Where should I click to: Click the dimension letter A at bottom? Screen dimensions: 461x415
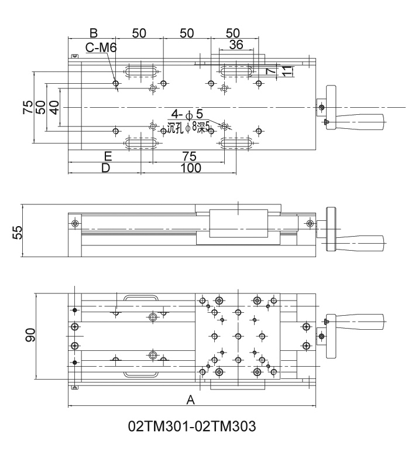tap(190, 400)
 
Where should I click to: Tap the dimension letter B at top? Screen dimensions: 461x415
tap(92, 32)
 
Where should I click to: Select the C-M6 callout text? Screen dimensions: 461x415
tap(101, 48)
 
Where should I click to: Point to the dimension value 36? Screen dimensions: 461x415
tap(236, 45)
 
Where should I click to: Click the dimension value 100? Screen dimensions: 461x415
tap(190, 168)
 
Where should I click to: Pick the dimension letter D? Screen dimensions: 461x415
tap(105, 168)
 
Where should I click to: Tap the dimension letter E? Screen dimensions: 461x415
tap(108, 156)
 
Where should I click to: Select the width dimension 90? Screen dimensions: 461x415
tap(30, 335)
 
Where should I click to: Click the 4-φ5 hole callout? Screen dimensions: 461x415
tap(187, 114)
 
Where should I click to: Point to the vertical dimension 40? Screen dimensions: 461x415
tap(54, 107)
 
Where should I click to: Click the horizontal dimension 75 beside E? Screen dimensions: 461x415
tap(188, 156)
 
